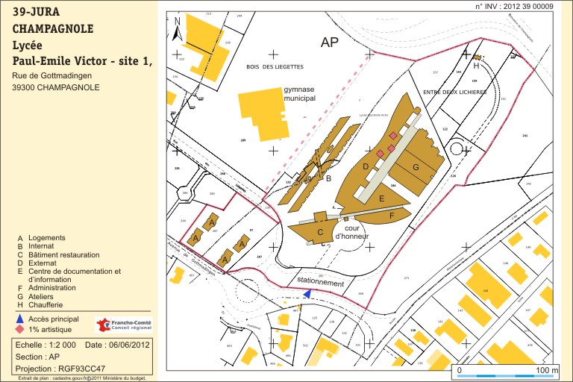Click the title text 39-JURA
pyautogui.click(x=37, y=13)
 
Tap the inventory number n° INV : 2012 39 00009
pyautogui.click(x=514, y=6)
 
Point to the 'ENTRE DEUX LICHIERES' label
pyautogui.click(x=454, y=92)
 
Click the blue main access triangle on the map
pyautogui.click(x=307, y=294)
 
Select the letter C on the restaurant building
pyautogui.click(x=320, y=232)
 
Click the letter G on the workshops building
pyautogui.click(x=415, y=167)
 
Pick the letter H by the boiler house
pyautogui.click(x=476, y=66)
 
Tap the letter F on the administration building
pyautogui.click(x=391, y=215)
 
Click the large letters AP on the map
pyautogui.click(x=330, y=43)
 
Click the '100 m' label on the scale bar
pyautogui.click(x=548, y=370)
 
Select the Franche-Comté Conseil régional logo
pyautogui.click(x=123, y=325)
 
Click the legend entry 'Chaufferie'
pyautogui.click(x=46, y=304)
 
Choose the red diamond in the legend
pyautogui.click(x=19, y=329)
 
